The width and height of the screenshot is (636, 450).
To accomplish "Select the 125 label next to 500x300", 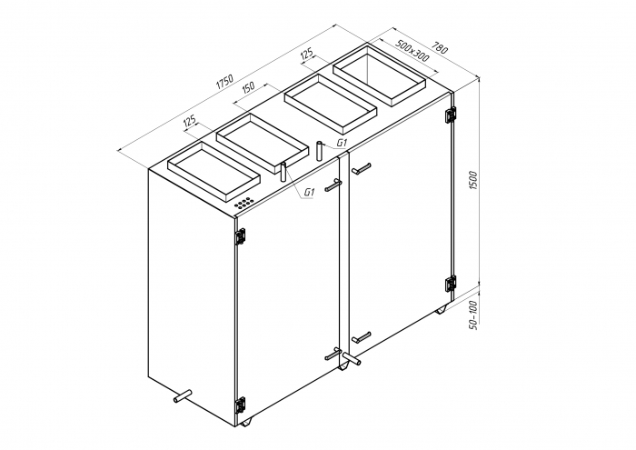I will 307,56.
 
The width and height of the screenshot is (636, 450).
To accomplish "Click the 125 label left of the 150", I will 190,121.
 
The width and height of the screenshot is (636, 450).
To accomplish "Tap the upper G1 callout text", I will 342,144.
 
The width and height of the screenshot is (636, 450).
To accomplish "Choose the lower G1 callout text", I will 309,192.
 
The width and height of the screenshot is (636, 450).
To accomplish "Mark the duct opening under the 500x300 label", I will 380,74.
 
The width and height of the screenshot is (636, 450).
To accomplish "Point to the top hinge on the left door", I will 240,236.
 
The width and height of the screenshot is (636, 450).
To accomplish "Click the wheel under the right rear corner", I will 441,310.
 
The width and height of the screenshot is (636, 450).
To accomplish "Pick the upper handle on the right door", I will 361,168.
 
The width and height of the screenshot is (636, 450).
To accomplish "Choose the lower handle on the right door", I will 361,336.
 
